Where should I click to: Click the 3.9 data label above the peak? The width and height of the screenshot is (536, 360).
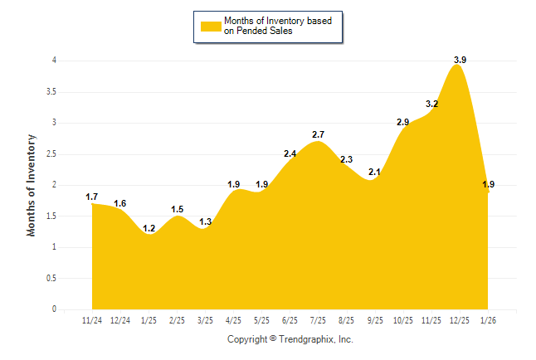(460, 60)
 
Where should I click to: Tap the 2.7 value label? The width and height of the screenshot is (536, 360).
(318, 134)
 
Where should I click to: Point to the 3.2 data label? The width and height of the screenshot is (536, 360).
(431, 105)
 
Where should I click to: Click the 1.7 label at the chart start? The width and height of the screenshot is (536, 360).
(92, 197)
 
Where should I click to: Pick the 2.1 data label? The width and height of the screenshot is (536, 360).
(374, 173)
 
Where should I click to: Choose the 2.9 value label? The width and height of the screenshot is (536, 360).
(402, 123)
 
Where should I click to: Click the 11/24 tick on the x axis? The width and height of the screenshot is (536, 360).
(92, 319)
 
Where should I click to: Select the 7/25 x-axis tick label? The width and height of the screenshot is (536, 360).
(318, 319)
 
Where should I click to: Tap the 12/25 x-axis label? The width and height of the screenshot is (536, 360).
(459, 319)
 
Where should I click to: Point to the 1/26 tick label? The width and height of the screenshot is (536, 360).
(487, 319)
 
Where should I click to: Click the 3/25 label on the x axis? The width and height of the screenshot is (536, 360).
(205, 319)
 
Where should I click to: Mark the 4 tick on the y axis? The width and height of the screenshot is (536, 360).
(54, 61)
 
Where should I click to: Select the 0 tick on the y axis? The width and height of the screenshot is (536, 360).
(54, 309)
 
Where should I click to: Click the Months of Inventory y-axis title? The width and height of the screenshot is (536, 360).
(32, 184)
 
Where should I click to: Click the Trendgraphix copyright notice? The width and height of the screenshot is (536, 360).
(290, 339)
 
